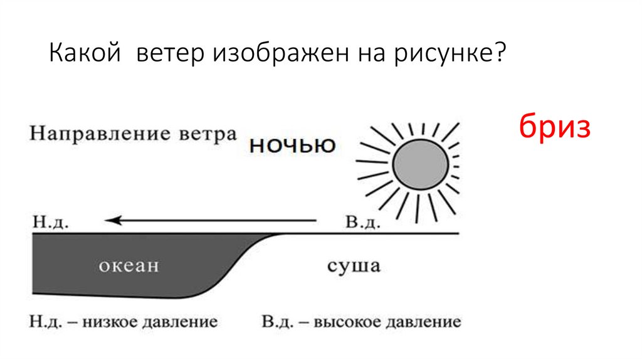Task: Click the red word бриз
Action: (x=555, y=127)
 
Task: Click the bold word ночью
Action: (x=292, y=146)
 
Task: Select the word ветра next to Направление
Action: (x=213, y=134)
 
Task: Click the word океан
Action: (x=129, y=266)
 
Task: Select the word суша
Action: (x=354, y=266)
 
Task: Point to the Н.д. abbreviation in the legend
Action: (x=43, y=323)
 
